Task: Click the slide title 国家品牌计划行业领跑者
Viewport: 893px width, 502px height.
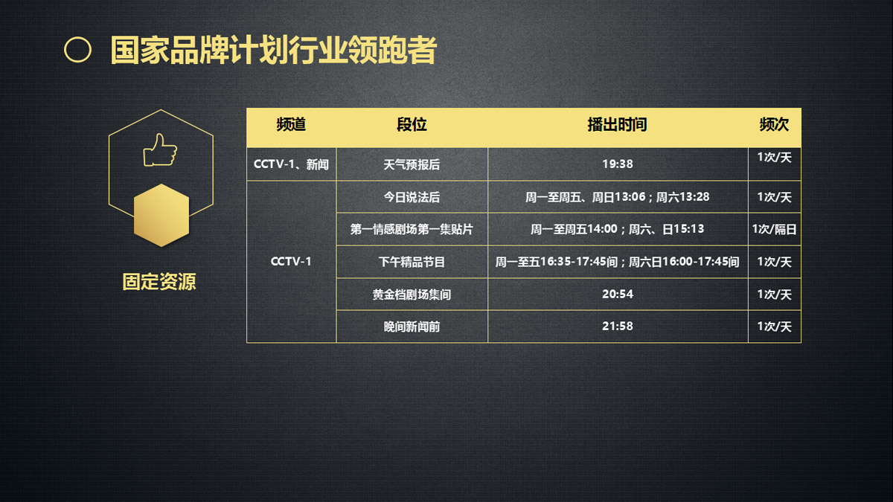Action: point(274,51)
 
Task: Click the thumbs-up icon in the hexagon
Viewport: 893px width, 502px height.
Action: point(160,149)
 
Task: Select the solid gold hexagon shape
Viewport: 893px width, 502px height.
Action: point(161,215)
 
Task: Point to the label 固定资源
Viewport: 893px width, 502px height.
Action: point(159,282)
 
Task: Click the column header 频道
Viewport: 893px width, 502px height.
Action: point(291,124)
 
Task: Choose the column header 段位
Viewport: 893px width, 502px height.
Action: point(412,124)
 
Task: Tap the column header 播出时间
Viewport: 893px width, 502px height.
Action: point(617,124)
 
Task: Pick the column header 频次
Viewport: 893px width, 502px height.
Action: point(774,124)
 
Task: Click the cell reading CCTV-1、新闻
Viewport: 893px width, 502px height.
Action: point(291,164)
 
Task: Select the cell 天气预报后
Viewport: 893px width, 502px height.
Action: point(412,164)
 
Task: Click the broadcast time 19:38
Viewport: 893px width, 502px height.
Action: point(618,164)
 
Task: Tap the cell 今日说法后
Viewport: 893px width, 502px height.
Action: point(412,197)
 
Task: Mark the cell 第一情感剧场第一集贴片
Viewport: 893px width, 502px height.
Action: point(412,229)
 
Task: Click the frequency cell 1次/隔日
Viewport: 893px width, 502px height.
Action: point(774,229)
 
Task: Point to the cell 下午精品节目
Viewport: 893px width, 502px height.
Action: point(412,262)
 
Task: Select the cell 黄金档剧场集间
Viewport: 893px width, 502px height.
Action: point(412,295)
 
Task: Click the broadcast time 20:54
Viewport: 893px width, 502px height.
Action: point(618,294)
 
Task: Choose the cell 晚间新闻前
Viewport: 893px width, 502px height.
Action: point(412,326)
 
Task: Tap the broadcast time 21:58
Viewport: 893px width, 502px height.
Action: point(618,326)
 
